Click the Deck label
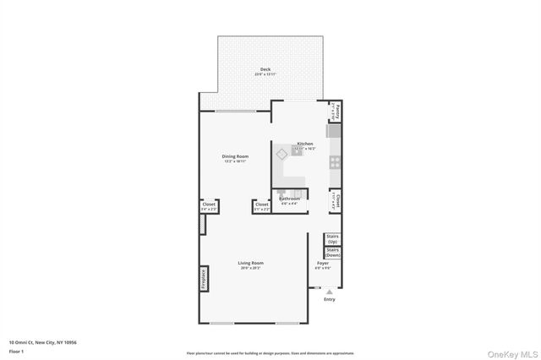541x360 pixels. tap(265, 70)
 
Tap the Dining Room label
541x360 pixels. tap(235, 156)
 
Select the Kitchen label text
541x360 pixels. tap(305, 144)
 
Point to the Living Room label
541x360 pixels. tap(250, 263)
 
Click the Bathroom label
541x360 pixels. tap(289, 199)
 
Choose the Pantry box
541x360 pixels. tap(336, 111)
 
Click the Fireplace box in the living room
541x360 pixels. tap(204, 279)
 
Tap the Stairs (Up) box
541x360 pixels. tap(332, 240)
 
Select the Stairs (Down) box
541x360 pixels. tap(332, 252)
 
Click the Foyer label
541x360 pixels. tap(323, 264)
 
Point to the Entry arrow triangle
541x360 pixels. tap(330, 292)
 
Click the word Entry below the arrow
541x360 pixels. tap(330, 299)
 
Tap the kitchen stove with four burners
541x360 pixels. tap(335, 161)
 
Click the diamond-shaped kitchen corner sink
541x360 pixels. tap(282, 154)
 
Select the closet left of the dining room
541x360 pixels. tap(208, 205)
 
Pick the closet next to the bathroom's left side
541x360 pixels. tap(262, 205)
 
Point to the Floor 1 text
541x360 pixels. tap(16, 350)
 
